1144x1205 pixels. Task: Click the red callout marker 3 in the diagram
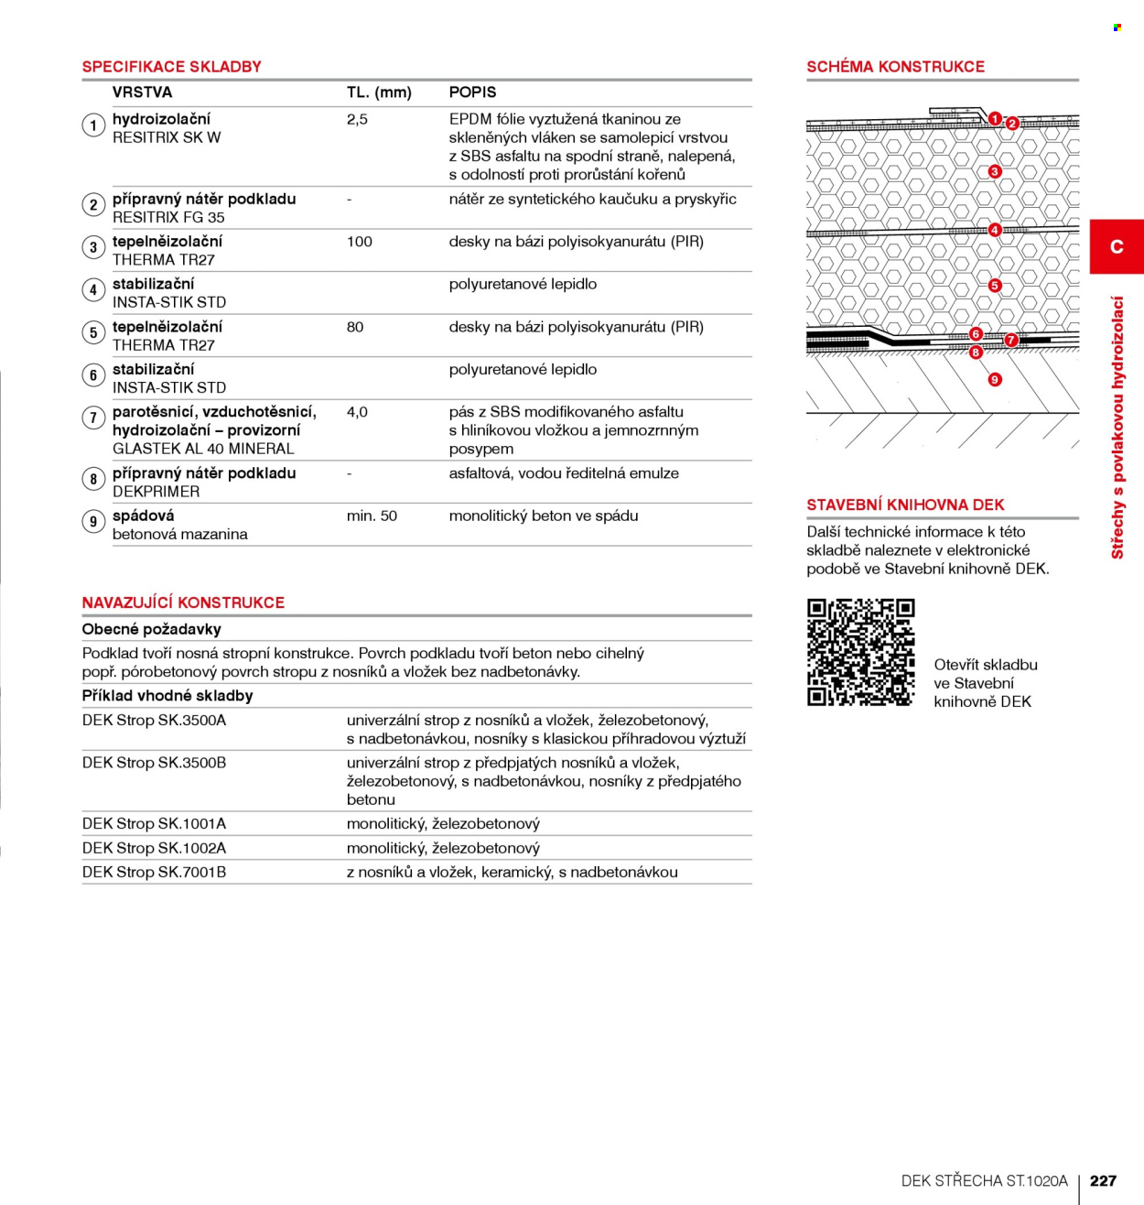pos(995,171)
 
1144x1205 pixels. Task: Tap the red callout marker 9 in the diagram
pos(995,379)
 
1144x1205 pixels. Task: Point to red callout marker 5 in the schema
pos(995,286)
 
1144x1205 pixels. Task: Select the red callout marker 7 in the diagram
pos(1011,340)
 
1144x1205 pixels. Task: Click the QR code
pos(860,652)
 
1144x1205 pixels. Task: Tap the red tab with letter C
pos(1117,246)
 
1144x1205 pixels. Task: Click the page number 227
pos(1103,1180)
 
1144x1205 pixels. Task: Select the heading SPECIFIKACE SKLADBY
pos(171,67)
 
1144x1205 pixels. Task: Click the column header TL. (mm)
pos(379,92)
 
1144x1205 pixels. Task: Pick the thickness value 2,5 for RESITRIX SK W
pos(357,120)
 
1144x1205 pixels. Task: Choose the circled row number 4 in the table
pos(93,290)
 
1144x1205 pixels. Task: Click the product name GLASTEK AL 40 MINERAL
pos(203,449)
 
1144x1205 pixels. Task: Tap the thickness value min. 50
pos(372,516)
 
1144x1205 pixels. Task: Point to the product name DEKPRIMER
pos(156,492)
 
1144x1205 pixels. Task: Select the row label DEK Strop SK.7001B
pos(155,873)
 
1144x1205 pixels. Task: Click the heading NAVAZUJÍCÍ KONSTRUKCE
pos(183,602)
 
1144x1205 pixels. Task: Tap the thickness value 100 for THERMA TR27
pos(360,242)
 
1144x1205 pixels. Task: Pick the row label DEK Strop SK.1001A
pos(155,824)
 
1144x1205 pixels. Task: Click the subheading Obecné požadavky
pos(151,629)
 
